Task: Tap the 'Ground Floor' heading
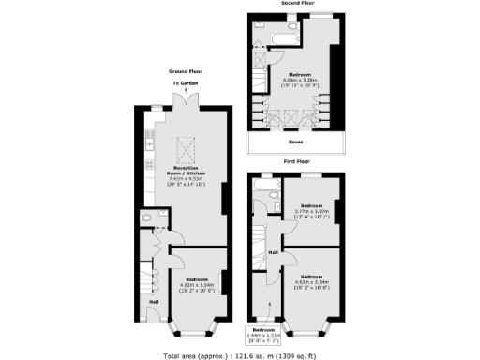pos(185,70)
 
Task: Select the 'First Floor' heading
pos(296,161)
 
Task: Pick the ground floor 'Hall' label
pos(153,301)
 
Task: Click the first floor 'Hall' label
pos(274,252)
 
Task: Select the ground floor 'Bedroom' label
pos(198,279)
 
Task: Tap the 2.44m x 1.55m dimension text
pos(264,335)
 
